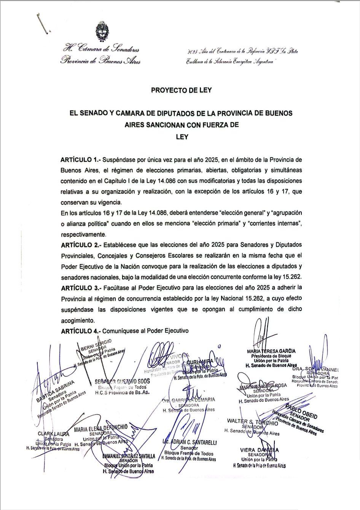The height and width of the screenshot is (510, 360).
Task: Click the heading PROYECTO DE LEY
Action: [x=181, y=91]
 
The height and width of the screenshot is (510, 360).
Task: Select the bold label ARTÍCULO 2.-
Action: [x=80, y=244]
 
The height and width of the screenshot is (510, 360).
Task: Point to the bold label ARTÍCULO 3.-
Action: [x=80, y=287]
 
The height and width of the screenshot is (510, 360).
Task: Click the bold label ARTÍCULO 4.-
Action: [x=80, y=331]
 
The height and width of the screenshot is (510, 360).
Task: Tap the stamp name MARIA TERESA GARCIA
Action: [x=271, y=351]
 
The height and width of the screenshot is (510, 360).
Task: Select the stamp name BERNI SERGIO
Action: [x=96, y=344]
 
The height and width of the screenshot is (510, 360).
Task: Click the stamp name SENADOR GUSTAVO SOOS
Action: [x=122, y=381]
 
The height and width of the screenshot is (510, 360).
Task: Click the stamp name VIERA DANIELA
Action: [x=260, y=450]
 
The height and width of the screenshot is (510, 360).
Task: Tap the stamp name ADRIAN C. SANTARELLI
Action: [x=189, y=442]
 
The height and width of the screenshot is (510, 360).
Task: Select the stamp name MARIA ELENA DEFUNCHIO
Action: [x=100, y=428]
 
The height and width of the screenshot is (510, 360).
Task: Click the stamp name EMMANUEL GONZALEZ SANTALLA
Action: [x=129, y=456]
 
